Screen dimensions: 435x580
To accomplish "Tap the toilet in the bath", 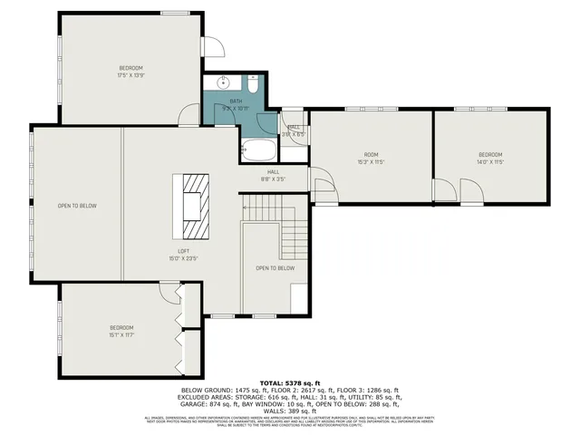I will pyautogui.click(x=254, y=85).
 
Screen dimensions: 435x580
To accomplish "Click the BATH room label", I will pyautogui.click(x=235, y=101).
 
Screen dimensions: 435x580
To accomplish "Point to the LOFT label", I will pyautogui.click(x=184, y=251).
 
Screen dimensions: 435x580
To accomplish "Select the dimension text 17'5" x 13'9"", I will pyautogui.click(x=130, y=75).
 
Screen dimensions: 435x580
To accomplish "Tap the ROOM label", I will pyautogui.click(x=370, y=154).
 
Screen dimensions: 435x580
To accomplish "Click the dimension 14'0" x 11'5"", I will pyautogui.click(x=490, y=161).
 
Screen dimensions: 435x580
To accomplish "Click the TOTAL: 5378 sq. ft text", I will pyautogui.click(x=290, y=382).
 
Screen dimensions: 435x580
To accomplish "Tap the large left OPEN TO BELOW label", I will pyautogui.click(x=77, y=206).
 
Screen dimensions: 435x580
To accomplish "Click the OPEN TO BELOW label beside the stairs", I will pyautogui.click(x=275, y=268).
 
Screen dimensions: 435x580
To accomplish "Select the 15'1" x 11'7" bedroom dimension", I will pyautogui.click(x=121, y=334).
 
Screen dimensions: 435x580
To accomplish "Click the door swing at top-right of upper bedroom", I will pyautogui.click(x=211, y=48).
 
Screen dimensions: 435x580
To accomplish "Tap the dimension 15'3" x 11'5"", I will pyautogui.click(x=370, y=161).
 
